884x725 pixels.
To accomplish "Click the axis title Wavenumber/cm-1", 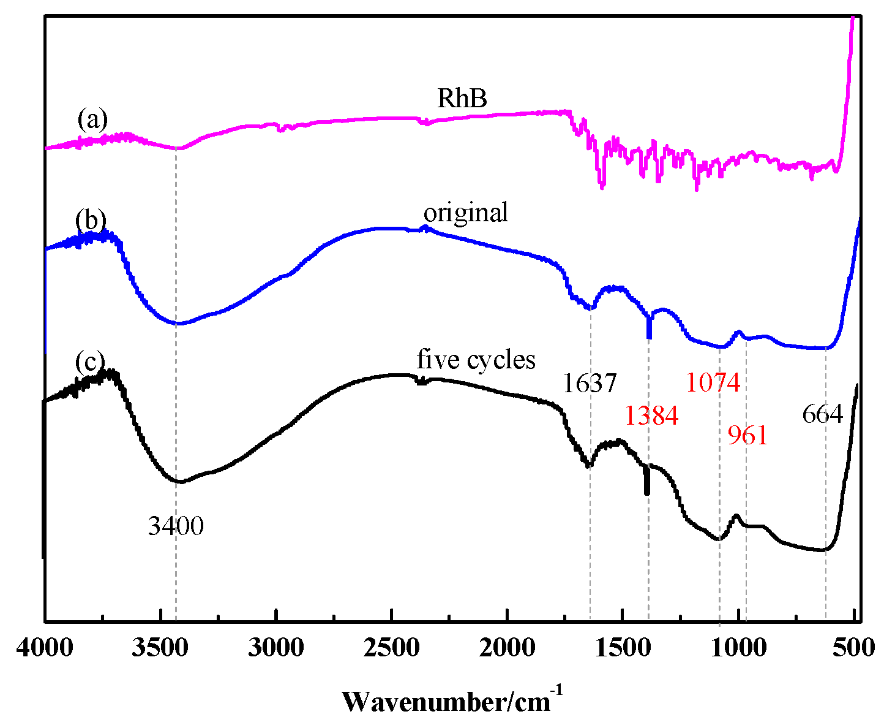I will coord(452,700).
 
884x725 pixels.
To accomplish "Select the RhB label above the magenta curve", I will coord(462,98).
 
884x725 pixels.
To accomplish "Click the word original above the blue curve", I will coord(465,213).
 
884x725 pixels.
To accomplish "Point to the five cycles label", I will coord(476,359).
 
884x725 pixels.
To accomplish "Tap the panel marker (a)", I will coord(92,120).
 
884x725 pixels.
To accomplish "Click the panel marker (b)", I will coord(91,219).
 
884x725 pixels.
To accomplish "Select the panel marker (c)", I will coord(90,362).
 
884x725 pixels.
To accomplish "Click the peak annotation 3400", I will coord(176,526).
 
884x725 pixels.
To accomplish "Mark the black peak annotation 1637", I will coord(590,384).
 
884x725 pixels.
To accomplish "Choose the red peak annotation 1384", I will coord(651,416).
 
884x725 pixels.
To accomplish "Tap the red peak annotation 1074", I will coord(713,382).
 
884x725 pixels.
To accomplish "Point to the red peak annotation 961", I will coord(747,436).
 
